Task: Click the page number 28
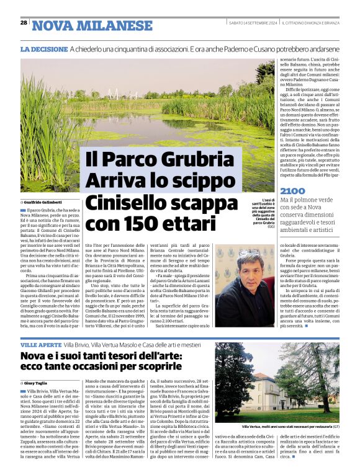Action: (24, 23)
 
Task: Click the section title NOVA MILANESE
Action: (92, 25)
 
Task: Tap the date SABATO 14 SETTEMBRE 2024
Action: (253, 23)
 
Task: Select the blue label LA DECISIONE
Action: (43, 49)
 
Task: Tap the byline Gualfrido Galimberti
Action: (43, 202)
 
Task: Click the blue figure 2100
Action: (292, 191)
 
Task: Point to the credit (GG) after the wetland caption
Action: (271, 226)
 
